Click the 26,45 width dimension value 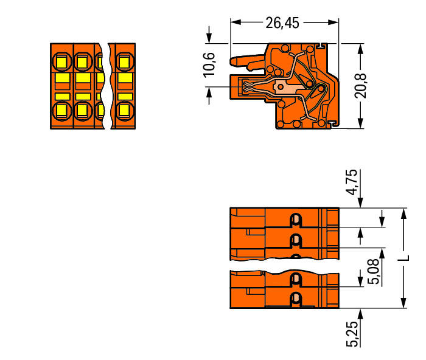click(x=282, y=23)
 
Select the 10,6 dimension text click(x=209, y=65)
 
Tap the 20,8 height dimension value click(x=360, y=86)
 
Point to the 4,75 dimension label click(x=352, y=182)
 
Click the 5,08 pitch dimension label click(x=374, y=271)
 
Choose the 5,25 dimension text click(x=352, y=334)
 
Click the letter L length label click(x=403, y=258)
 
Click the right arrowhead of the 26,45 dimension click(x=333, y=22)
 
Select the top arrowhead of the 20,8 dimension click(x=360, y=49)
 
